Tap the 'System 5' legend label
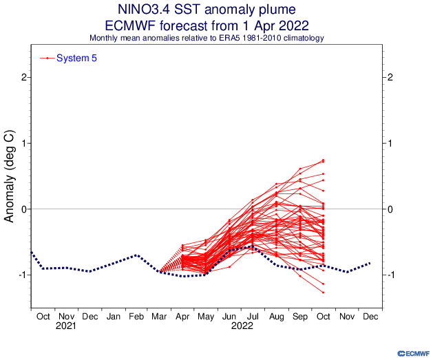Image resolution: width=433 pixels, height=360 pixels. pos(76,59)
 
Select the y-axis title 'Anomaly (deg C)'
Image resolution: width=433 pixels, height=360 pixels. pos(10,177)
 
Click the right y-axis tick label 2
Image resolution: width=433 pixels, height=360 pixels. pos(391,78)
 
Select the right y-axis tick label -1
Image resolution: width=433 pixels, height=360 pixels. pos(392,275)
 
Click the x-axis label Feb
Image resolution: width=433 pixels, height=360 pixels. pos(138,317)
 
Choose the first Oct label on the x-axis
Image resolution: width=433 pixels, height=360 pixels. pos(43,317)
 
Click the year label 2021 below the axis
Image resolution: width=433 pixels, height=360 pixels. pos(66,326)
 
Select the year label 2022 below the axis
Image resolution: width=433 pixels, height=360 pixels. pos(241,326)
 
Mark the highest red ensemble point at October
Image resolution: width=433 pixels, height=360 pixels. pos(323,160)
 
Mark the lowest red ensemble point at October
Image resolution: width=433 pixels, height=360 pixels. pos(323,293)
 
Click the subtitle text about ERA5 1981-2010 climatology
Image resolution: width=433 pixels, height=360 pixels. pos(207,37)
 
